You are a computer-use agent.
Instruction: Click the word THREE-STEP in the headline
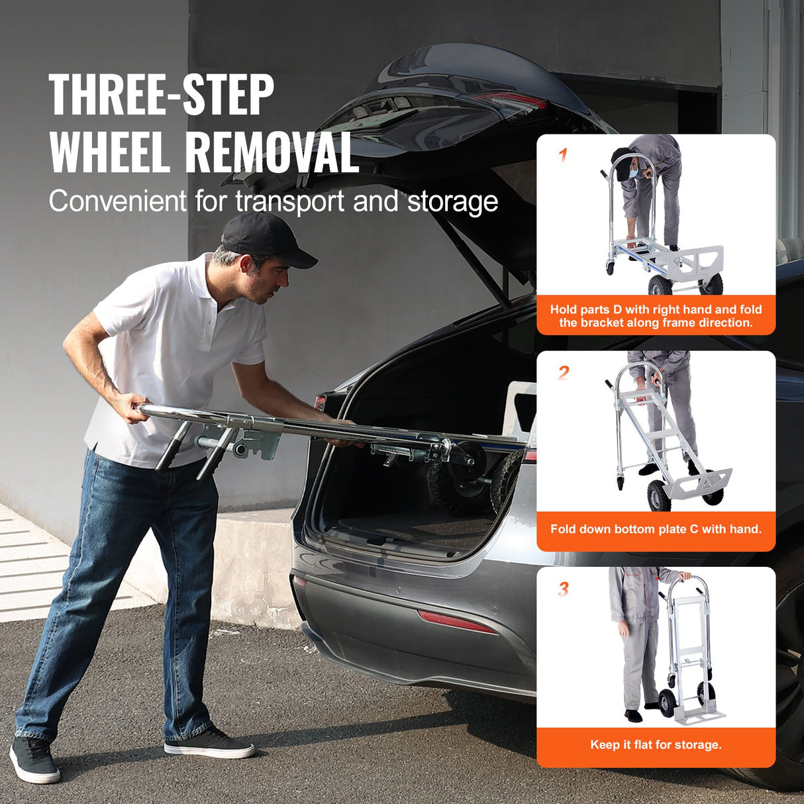161,95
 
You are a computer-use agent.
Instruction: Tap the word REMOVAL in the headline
272,152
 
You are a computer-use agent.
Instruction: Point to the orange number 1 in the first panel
563,156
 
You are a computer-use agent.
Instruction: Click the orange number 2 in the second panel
563,373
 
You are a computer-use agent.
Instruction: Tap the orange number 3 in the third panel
563,589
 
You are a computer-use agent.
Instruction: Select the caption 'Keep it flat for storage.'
656,745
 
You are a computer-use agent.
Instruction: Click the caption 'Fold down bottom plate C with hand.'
656,529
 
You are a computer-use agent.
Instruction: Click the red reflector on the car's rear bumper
456,622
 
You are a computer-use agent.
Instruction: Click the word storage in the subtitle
452,201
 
